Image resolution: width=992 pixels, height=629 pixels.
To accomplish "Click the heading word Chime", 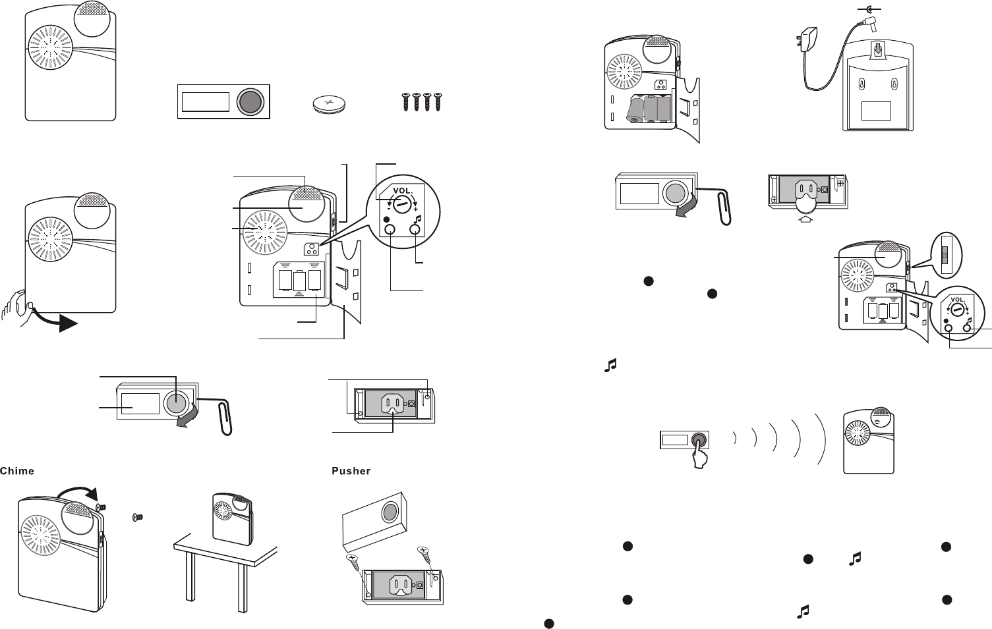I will (17, 471).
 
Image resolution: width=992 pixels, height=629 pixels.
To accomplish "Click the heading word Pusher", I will (351, 471).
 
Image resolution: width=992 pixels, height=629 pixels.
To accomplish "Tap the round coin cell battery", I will (330, 104).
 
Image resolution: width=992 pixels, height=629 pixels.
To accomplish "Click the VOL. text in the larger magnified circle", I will (402, 191).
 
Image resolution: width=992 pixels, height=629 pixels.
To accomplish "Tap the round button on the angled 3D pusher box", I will (390, 512).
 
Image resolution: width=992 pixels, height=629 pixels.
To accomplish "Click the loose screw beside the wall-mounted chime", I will (138, 518).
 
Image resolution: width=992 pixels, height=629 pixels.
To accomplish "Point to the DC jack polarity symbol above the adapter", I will (871, 9).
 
